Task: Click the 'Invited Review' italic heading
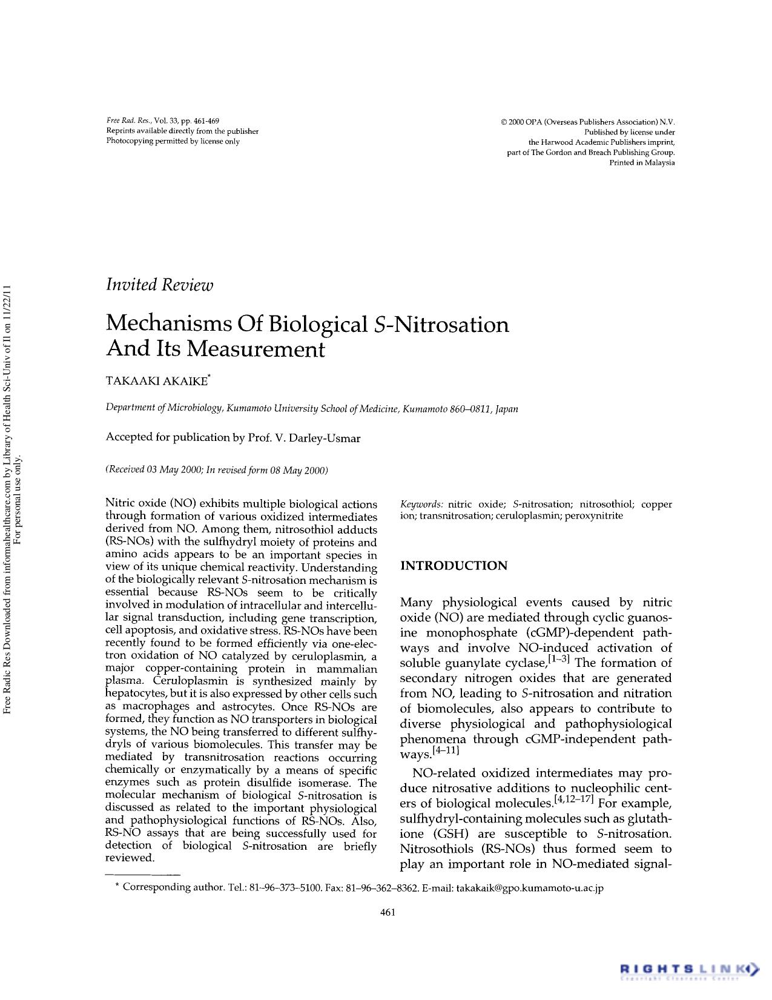click(x=159, y=285)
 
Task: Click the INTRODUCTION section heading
click(x=454, y=566)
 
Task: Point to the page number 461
click(x=387, y=913)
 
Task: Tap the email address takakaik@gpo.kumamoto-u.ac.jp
click(x=529, y=888)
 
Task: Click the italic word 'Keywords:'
click(x=422, y=504)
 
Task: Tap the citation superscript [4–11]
click(x=447, y=752)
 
